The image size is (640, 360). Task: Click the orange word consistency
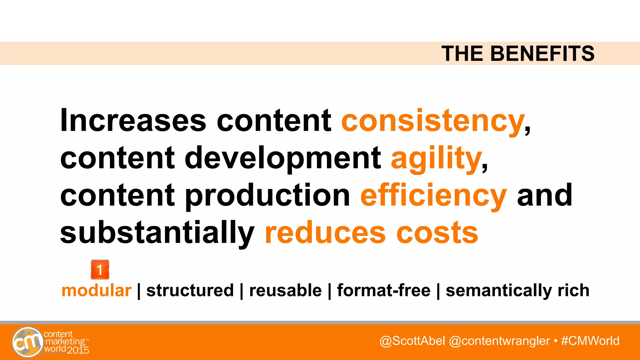tap(433, 121)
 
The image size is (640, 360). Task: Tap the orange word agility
tap(436, 158)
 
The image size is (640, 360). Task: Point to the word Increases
tap(133, 121)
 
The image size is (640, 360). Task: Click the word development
tap(283, 158)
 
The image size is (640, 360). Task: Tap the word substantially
tap(157, 233)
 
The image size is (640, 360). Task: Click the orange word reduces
tap(325, 233)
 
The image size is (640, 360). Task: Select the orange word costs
tap(437, 233)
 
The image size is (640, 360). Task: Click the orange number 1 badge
tap(100, 269)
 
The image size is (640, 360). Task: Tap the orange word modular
tap(96, 290)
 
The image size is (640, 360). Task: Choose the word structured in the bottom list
tap(190, 290)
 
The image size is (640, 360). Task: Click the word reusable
tap(285, 290)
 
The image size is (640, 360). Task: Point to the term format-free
tap(383, 290)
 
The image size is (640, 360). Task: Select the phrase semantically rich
tap(517, 290)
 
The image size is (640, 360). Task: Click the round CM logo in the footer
tap(27, 342)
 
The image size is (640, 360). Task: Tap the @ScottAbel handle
tap(412, 341)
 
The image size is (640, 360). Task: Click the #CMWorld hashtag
tap(590, 341)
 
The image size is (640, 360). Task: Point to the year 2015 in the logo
tap(78, 350)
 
